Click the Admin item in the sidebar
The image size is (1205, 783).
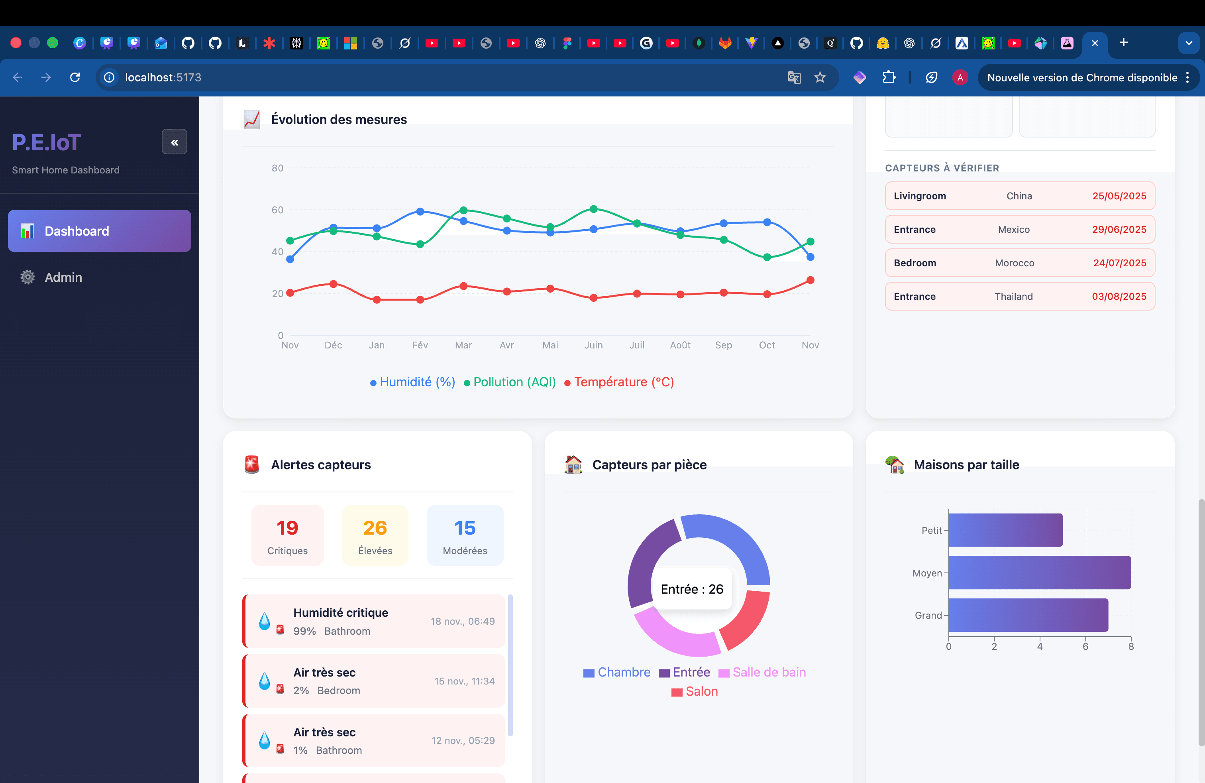coord(63,277)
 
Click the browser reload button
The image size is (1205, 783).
coord(75,77)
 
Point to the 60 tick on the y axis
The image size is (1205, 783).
coord(277,210)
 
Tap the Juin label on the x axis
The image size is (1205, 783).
coord(593,345)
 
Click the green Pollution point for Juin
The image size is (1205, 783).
coord(593,209)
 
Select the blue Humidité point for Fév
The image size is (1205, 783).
coord(420,211)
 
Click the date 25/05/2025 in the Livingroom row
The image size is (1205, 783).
coord(1119,196)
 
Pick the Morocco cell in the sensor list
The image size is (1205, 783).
coord(1014,263)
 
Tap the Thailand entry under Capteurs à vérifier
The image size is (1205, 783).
coord(1013,296)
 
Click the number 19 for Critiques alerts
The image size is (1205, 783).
coord(287,528)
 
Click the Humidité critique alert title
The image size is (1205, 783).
coord(340,612)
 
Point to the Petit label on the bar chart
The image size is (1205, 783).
coord(931,530)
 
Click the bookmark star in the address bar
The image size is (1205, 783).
coord(820,77)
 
